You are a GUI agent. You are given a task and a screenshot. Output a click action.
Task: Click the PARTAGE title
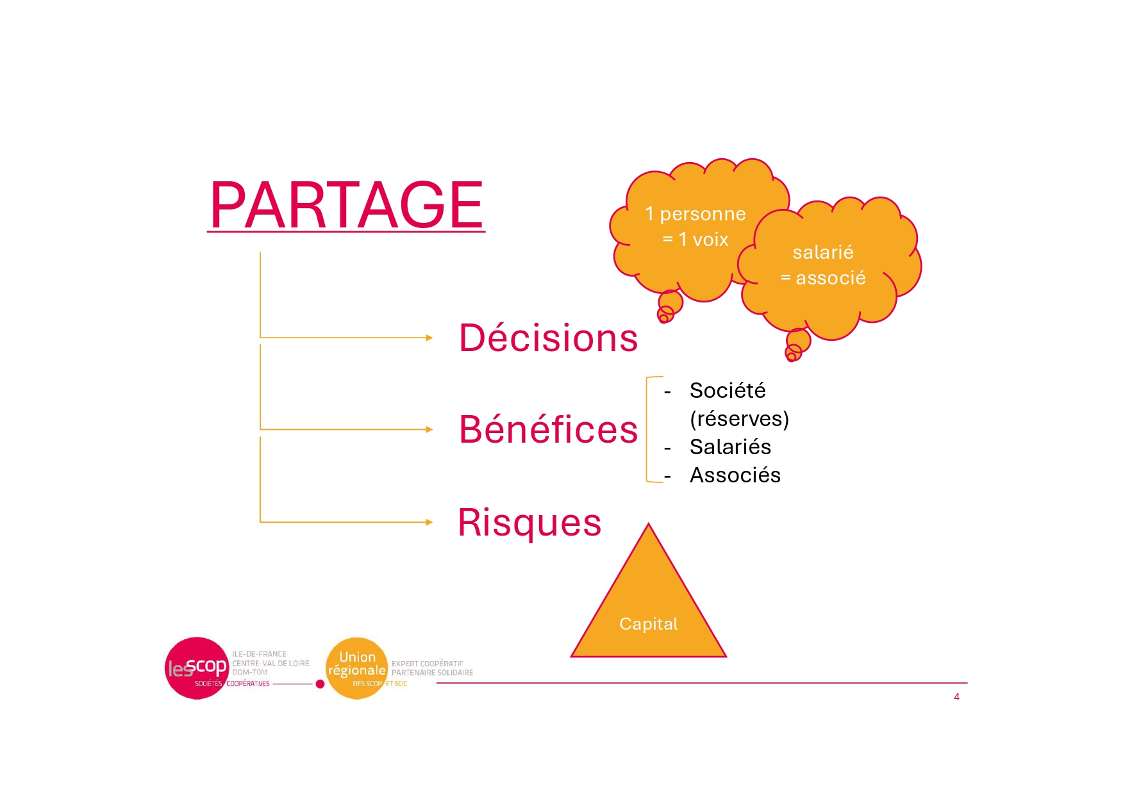coord(346,205)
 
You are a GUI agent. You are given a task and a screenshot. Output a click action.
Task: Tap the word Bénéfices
coord(548,429)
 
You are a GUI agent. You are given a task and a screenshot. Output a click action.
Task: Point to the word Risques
coord(529,522)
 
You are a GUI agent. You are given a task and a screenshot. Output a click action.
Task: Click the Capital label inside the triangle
coord(648,624)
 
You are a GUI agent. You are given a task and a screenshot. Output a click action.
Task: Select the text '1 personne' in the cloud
coord(696,214)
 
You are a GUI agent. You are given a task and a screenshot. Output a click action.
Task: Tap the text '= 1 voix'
coord(696,240)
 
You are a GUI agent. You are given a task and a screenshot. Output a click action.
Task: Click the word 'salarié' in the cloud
coord(823,252)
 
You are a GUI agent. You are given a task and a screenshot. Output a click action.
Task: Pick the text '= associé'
coord(823,278)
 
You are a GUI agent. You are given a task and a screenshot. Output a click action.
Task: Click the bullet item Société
coord(728,390)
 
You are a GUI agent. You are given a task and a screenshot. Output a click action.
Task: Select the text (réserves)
coord(739,418)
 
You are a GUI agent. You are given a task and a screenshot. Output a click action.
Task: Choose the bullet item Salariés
coord(730,447)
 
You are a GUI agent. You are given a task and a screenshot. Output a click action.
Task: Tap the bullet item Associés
coord(735,475)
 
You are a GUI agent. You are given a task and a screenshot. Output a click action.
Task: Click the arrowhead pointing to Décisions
coord(429,338)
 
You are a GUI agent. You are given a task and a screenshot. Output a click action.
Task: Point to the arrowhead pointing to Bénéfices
coord(429,429)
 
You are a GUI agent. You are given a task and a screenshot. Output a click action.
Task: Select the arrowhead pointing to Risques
coord(429,522)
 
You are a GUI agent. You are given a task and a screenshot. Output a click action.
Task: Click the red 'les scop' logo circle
coord(197,668)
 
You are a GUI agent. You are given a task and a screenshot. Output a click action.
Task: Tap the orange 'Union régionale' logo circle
coord(357,668)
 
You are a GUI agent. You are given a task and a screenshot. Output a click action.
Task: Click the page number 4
coord(956,697)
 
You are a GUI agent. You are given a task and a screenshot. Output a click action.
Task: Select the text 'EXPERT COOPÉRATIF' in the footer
coord(428,664)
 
